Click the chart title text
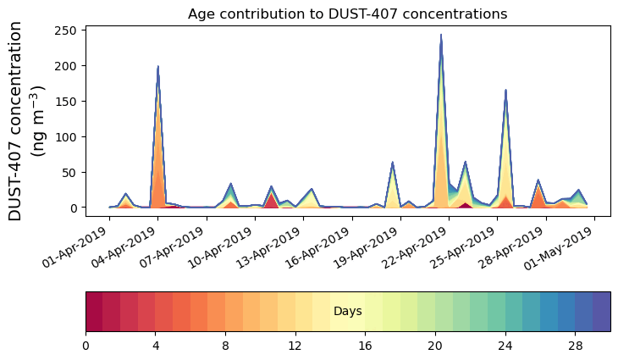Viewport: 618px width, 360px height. click(x=347, y=14)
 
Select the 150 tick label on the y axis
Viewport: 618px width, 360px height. click(x=68, y=102)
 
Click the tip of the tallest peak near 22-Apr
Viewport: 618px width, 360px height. click(x=441, y=36)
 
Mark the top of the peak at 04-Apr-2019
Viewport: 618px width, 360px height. click(x=158, y=67)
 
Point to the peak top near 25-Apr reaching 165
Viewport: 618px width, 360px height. click(x=505, y=90)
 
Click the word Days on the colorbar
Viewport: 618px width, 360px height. click(x=347, y=312)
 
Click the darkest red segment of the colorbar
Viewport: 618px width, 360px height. click(x=94, y=312)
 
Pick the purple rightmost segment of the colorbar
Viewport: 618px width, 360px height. click(x=601, y=312)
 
